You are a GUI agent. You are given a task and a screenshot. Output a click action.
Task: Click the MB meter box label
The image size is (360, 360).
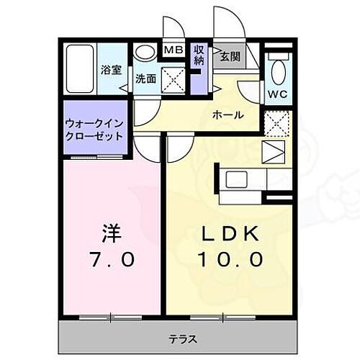click(173, 50)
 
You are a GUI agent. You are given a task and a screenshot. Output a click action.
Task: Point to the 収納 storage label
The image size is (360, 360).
click(199, 56)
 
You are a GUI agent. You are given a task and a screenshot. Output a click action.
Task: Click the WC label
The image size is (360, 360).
click(277, 94)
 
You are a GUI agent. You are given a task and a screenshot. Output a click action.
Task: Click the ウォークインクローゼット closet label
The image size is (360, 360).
click(93, 130)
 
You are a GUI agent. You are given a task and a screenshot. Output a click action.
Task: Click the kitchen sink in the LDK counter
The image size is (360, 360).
click(237, 179)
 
